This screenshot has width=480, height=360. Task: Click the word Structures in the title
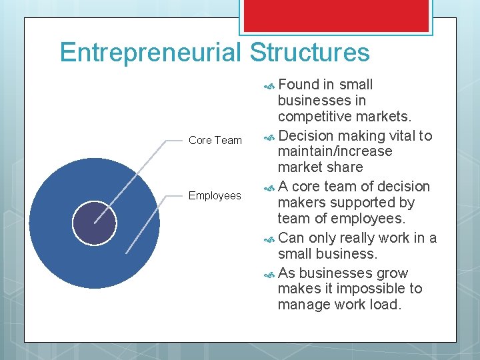pos(310,53)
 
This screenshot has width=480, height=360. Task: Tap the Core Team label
pos(215,140)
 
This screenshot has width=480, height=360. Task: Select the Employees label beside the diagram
pos(215,195)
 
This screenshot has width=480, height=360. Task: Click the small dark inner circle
pos(94,223)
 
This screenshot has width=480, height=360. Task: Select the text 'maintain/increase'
pos(335,151)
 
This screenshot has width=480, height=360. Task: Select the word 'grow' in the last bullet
pos(393,273)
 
